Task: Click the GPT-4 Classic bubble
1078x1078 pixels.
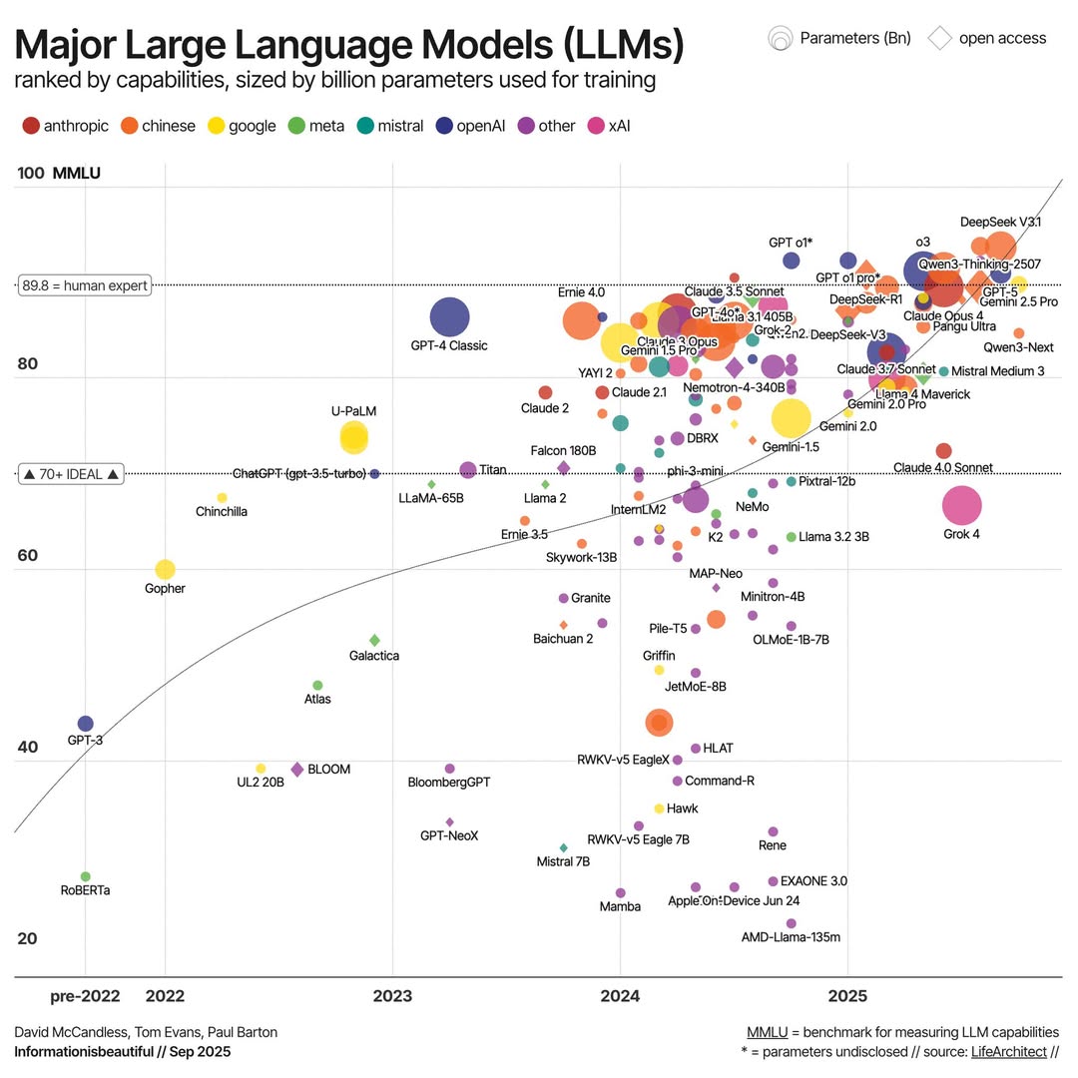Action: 449,317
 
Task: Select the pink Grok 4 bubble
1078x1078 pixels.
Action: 961,506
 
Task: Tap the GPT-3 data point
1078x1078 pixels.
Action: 85,724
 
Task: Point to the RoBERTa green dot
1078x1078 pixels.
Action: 85,876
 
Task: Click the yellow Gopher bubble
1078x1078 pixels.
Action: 165,569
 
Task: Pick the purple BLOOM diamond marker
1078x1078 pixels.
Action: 296,769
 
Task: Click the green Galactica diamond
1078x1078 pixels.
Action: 374,640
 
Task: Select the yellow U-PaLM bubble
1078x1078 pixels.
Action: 353,436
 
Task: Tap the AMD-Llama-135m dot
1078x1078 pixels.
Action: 791,923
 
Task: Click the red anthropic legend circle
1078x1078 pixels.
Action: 31,126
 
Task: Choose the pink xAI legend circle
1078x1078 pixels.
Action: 596,126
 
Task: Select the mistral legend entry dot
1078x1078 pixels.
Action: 365,126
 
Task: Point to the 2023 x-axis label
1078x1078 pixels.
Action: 392,996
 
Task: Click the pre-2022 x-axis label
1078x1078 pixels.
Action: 85,996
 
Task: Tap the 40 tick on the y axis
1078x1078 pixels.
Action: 30,748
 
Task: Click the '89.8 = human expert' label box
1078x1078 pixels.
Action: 85,285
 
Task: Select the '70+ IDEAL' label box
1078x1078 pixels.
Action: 72,474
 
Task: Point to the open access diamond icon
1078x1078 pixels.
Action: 939,38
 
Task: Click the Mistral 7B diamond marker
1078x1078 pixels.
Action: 563,847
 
